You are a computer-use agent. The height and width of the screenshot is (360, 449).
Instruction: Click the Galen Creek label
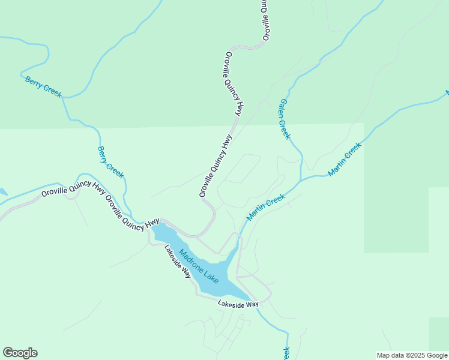284,119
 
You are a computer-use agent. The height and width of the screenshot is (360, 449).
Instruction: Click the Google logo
20,353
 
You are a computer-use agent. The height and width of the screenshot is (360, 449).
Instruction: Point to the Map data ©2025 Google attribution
412,355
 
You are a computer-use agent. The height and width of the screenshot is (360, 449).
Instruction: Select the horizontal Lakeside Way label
238,304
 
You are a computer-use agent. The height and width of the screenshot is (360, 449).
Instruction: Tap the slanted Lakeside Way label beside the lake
178,262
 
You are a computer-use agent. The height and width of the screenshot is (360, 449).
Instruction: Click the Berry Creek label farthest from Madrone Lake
43,87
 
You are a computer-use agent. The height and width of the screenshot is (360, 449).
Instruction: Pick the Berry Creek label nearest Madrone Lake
111,162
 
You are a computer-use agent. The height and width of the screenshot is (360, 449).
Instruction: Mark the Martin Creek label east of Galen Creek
345,159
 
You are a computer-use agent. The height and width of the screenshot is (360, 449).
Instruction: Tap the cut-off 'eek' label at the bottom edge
286,353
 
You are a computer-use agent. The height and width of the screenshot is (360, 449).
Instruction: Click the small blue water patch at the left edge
2,193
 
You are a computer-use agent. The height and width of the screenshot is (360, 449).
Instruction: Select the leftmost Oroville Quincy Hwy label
73,189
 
